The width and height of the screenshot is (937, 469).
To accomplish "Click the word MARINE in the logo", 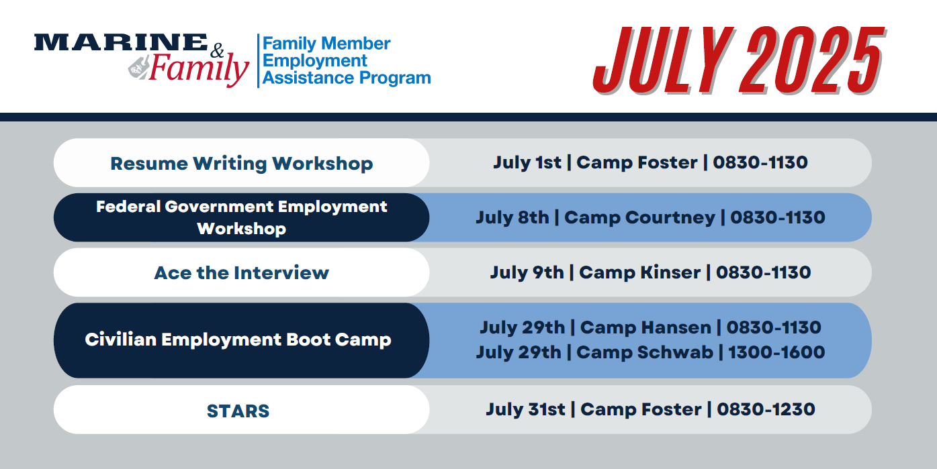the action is tap(121, 42).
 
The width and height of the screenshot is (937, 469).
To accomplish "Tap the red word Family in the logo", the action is tap(199, 69).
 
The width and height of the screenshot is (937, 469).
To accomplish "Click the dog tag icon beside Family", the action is tap(138, 67).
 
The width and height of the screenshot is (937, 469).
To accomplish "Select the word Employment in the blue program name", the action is tap(314, 61).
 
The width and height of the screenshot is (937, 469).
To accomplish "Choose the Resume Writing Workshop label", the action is tap(241, 164).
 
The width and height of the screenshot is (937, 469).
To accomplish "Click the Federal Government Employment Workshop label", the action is tap(241, 217).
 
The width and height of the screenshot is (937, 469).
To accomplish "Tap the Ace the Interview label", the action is tap(241, 273).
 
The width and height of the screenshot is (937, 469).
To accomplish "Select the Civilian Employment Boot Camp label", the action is tap(238, 340).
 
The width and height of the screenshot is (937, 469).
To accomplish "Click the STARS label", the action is tap(238, 411).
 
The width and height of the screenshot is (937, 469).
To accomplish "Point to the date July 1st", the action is tap(527, 162).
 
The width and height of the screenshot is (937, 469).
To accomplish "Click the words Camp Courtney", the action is tap(640, 218).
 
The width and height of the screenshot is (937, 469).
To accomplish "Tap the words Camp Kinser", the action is tap(640, 272).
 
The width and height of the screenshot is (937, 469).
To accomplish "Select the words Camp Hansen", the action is tap(646, 327).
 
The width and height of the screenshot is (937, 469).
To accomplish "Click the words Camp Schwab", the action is tap(645, 352).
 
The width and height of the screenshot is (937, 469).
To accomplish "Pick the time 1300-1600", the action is tap(776, 352).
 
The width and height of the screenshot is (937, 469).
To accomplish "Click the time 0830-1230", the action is tap(766, 409).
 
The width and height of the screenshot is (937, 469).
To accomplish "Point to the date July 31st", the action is tap(525, 410).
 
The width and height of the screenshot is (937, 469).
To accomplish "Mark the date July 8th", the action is tap(512, 218).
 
